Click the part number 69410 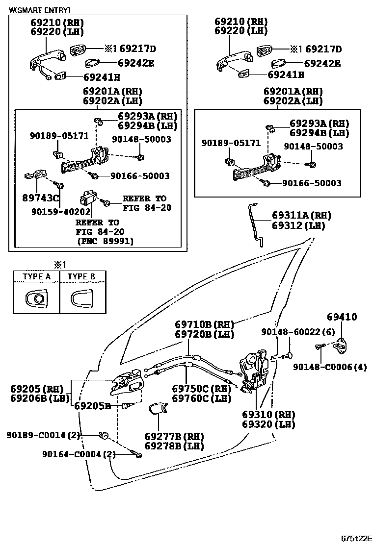pos(342,317)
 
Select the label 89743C pos(40,198)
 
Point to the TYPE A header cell pos(37,276)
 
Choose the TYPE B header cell pos(81,276)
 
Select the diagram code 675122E pos(355,538)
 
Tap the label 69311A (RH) pos(301,215)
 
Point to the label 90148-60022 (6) pos(298,332)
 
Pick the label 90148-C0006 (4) pos(330,367)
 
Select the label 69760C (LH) pos(201,398)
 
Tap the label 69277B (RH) pos(174,436)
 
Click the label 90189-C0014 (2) pos(43,434)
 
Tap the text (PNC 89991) pos(106,241)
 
